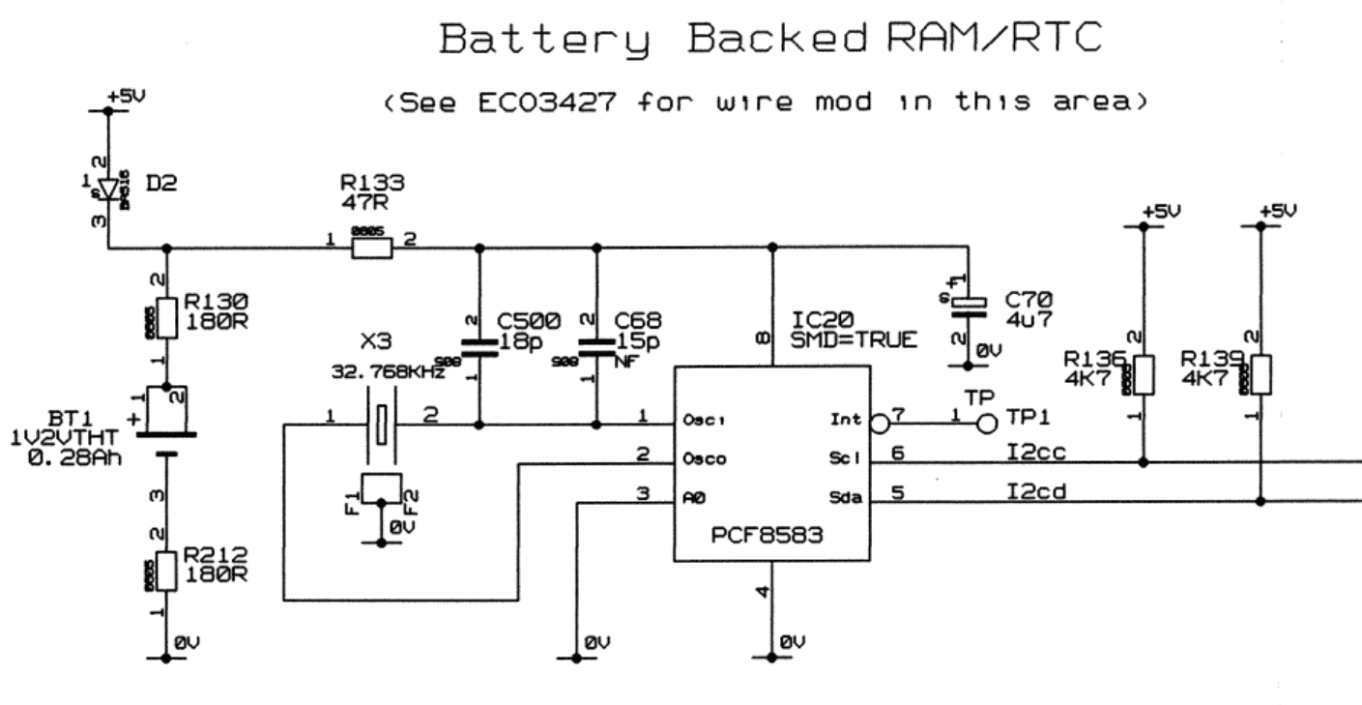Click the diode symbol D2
click(107, 188)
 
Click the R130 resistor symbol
click(166, 317)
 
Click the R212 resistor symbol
click(166, 571)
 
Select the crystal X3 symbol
click(383, 423)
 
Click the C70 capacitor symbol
click(967, 307)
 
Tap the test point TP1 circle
click(986, 423)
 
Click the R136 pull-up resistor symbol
click(1144, 375)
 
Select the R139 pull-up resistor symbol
click(1261, 375)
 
